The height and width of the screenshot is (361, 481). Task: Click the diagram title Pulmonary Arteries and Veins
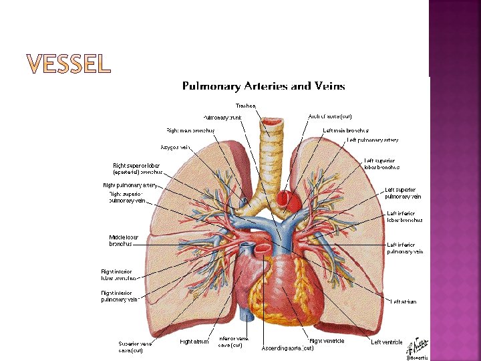click(x=264, y=86)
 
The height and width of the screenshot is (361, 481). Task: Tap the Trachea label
click(x=245, y=106)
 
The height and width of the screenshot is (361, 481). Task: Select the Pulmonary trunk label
click(x=222, y=117)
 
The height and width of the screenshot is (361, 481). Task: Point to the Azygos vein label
click(x=176, y=146)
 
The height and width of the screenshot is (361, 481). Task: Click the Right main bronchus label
click(x=190, y=130)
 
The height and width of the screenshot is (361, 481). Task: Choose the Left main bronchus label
click(x=346, y=130)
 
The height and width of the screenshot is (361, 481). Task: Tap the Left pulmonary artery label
click(x=372, y=140)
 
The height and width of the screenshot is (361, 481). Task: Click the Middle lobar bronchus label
click(x=124, y=241)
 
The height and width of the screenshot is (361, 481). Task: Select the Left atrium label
click(x=404, y=302)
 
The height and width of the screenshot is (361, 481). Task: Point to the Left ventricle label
click(x=387, y=342)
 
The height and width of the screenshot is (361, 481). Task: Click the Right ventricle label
click(x=327, y=342)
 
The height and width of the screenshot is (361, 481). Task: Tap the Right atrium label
click(x=194, y=342)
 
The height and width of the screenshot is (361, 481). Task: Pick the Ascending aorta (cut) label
click(x=287, y=348)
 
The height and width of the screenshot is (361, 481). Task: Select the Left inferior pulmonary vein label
click(x=405, y=248)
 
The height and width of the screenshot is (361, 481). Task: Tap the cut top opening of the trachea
click(x=272, y=122)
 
